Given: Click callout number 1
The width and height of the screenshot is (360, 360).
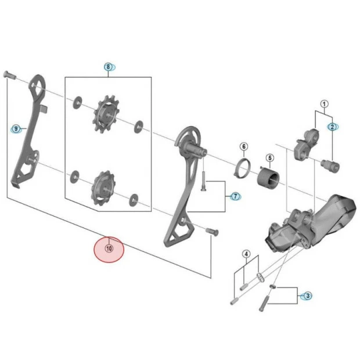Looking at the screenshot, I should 324,105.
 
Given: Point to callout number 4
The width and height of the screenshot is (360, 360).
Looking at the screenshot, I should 246,254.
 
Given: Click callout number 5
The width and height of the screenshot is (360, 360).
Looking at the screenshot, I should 269,157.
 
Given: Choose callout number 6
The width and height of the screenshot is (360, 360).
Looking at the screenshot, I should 244,146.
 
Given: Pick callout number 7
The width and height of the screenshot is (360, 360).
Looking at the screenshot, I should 236,196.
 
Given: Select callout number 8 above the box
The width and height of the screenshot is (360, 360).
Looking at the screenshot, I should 108,67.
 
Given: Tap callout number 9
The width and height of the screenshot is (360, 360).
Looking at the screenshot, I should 16,129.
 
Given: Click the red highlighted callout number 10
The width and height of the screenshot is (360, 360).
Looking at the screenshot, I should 109,249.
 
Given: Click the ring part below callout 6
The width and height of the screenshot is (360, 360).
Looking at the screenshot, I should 243,168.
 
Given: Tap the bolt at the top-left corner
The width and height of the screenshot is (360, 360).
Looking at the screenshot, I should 9,74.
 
